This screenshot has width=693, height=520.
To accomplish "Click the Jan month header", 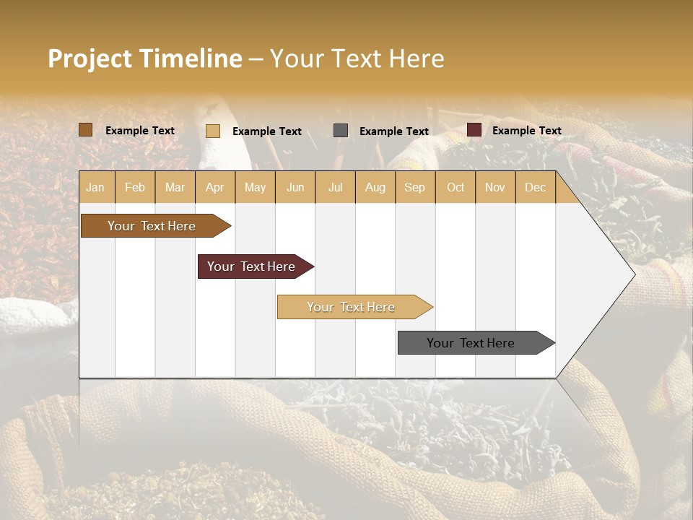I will [x=96, y=187].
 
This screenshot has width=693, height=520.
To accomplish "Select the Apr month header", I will [x=215, y=187].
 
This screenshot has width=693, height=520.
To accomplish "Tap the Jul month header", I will [x=335, y=187].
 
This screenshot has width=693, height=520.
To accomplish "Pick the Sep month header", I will [x=414, y=187].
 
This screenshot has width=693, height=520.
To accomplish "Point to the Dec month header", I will [x=535, y=187].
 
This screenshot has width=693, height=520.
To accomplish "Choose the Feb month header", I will [x=135, y=187].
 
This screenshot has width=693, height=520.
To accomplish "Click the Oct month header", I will [x=456, y=187].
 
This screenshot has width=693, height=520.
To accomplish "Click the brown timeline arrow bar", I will [x=152, y=226].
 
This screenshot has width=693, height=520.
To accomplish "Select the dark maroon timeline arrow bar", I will [x=251, y=266].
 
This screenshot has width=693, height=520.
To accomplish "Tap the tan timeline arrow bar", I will [x=351, y=307].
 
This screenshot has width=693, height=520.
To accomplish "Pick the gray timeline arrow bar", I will [x=471, y=343].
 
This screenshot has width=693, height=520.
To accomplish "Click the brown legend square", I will [x=86, y=130].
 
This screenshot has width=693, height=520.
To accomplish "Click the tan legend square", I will [x=213, y=131].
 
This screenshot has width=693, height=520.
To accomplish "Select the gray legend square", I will [x=341, y=131].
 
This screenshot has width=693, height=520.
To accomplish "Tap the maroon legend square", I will [x=474, y=130].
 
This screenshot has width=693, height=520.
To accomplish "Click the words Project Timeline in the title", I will [x=144, y=58].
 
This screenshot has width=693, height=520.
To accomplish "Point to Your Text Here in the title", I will [x=357, y=58].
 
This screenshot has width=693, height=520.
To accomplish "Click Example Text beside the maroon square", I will [x=526, y=131].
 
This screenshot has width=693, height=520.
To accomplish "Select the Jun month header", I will [x=295, y=187].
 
